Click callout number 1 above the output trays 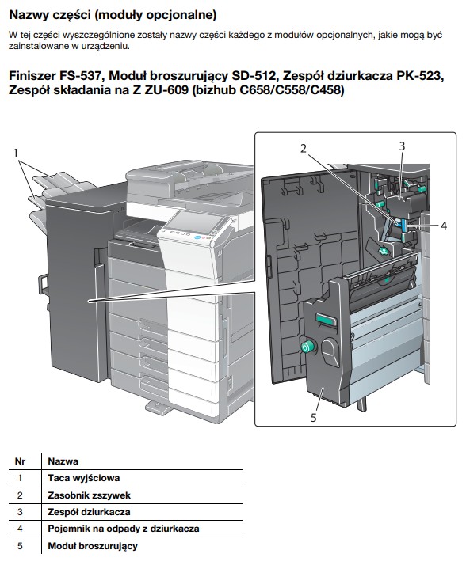(16, 153)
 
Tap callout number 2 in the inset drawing (304, 149)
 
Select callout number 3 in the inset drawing (402, 146)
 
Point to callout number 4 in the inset (444, 226)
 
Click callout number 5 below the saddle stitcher (314, 417)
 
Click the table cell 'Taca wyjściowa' (84, 478)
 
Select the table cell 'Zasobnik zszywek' (89, 495)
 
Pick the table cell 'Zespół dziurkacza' (89, 512)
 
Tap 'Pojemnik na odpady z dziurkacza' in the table (124, 529)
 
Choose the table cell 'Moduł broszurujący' (93, 546)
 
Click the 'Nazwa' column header (63, 461)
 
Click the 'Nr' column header (20, 461)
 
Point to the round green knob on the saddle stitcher (307, 347)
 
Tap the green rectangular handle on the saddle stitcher (327, 320)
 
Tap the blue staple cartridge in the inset (403, 226)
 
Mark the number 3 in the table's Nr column (20, 512)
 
